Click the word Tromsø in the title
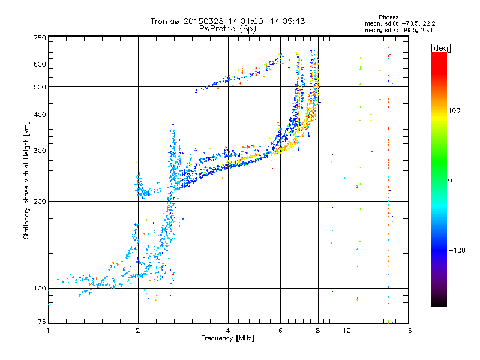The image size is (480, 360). click(166, 21)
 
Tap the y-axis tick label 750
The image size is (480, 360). click(40, 38)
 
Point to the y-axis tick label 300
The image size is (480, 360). click(40, 151)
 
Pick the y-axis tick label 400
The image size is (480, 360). click(40, 115)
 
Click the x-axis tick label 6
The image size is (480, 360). click(281, 331)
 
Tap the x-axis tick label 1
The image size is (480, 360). click(48, 331)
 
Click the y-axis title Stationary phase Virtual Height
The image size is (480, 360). click(26, 180)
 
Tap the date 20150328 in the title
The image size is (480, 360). click(200, 21)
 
